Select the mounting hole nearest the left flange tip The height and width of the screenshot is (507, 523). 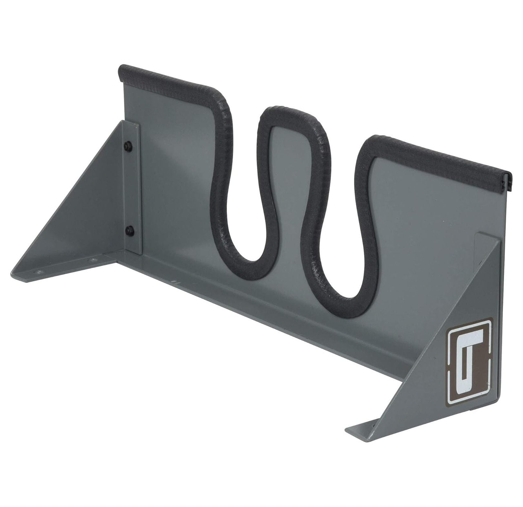coord(39,272)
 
